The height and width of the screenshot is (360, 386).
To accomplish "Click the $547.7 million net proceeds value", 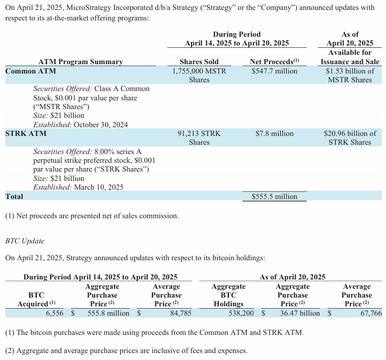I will (274, 71).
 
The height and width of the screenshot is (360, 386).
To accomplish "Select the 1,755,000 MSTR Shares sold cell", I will (199, 75).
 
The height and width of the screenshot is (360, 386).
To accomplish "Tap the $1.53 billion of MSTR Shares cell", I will (350, 75).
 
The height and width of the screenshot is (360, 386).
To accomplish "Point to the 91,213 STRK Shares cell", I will (199, 138).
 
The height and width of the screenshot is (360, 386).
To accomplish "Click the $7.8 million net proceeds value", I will (274, 134).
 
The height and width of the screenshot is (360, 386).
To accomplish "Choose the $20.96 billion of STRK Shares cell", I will (350, 138).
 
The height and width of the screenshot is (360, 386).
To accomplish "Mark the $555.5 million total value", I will (274, 197).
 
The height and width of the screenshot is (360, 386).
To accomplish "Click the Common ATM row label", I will (29, 71).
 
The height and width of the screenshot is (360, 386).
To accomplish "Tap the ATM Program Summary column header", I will (81, 62).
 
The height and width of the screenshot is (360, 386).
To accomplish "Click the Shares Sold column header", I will (199, 62).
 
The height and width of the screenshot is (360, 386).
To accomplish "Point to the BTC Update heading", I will (25, 240).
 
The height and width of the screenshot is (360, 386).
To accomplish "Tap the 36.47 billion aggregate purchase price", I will (300, 313).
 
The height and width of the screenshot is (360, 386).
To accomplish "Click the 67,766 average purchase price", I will (371, 313).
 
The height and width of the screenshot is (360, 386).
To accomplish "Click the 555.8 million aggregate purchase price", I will (109, 313).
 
